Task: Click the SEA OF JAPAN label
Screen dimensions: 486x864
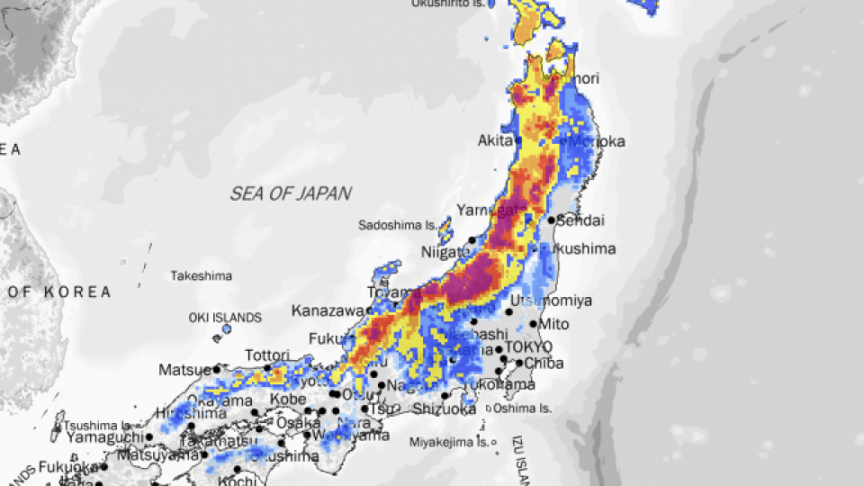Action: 291,193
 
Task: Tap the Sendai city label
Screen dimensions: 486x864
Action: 580,220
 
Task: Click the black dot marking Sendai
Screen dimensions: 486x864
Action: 551,220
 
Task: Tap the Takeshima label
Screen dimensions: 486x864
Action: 202,275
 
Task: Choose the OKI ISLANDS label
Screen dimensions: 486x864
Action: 225,318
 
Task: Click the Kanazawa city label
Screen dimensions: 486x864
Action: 328,310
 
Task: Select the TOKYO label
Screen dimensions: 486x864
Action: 528,347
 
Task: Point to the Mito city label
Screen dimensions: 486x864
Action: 554,324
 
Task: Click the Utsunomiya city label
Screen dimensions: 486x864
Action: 551,301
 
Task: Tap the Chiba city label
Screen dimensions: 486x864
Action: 544,364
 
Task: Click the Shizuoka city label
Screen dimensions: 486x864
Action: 444,409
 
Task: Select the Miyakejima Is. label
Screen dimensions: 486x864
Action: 448,442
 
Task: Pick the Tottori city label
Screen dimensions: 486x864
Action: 267,355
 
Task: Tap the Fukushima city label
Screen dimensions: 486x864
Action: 580,248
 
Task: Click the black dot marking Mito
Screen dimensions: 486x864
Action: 533,325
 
